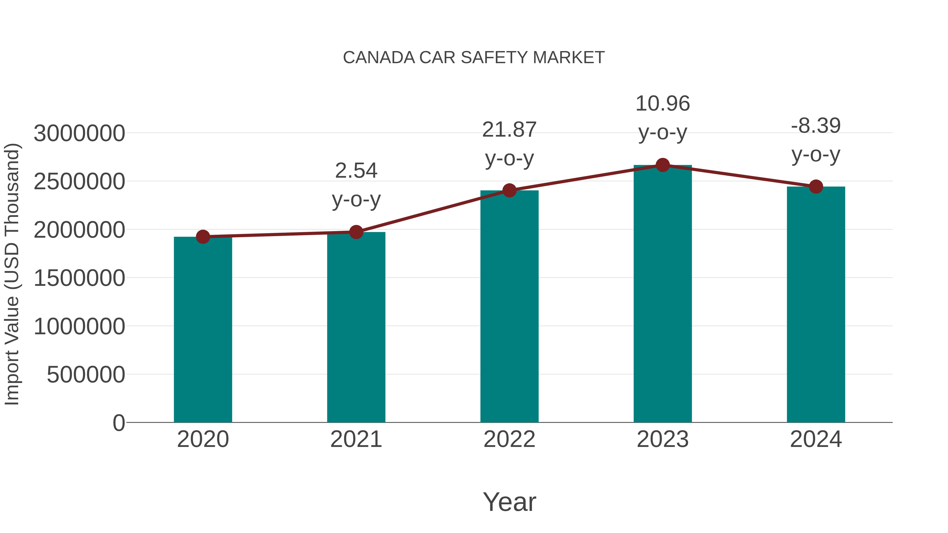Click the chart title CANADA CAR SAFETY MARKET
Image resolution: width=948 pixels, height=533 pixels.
pos(474,58)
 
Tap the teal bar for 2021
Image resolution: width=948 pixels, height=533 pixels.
pos(356,327)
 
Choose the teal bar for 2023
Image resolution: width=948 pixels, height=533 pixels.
pos(663,294)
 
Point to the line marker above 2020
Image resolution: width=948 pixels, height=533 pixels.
pos(203,237)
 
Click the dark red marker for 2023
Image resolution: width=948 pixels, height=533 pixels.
pos(663,165)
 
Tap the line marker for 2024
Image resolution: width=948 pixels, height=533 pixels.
pos(816,187)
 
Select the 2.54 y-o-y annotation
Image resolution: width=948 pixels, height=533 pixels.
pos(356,185)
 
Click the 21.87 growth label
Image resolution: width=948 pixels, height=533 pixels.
pos(509,144)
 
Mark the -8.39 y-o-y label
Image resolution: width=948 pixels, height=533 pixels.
pos(816,140)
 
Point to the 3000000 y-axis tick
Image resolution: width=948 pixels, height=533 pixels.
pos(79,133)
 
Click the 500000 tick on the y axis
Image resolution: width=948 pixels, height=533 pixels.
pos(86,375)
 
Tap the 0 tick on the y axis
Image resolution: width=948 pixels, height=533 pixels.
pos(118,423)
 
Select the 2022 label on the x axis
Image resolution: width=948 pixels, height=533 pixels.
pos(509,439)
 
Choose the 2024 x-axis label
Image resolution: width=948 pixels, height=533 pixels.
pos(816,439)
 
